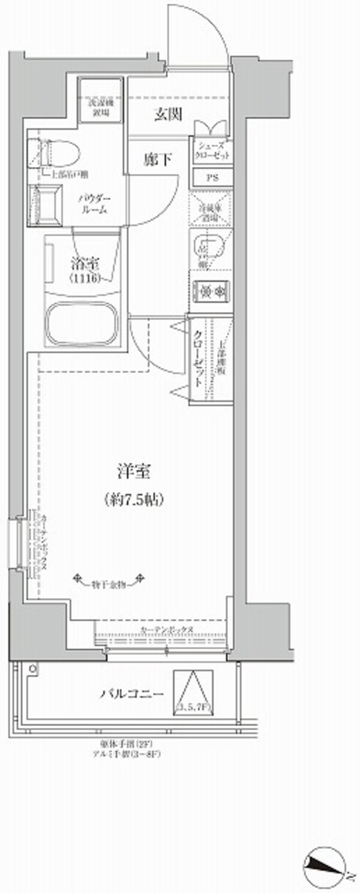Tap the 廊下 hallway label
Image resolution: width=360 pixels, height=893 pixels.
click(x=158, y=160)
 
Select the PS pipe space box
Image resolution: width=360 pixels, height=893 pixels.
click(x=211, y=179)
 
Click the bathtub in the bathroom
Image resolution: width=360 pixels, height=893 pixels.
click(x=83, y=324)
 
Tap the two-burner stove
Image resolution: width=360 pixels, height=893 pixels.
click(x=210, y=292)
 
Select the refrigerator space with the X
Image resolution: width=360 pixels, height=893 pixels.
click(x=210, y=210)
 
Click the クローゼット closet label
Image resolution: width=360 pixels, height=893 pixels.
click(x=197, y=359)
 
